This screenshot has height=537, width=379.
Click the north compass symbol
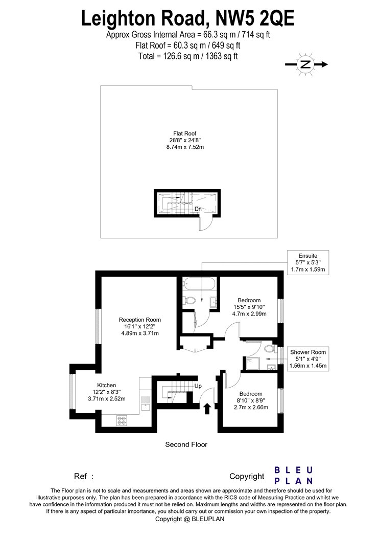[306, 64]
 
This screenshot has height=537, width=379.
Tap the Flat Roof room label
[185, 140]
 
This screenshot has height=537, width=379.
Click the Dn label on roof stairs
[198, 209]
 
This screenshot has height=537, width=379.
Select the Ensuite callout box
[308, 263]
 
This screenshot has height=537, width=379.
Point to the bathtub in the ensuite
[200, 284]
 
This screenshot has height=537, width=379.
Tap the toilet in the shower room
[270, 348]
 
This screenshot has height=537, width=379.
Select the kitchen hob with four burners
[122, 420]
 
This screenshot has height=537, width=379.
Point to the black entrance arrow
[207, 409]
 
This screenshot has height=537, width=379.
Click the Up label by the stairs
[198, 386]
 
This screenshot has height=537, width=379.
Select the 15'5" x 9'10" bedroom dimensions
[249, 307]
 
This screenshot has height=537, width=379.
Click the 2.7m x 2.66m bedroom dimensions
[251, 407]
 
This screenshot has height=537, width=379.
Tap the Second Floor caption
[186, 444]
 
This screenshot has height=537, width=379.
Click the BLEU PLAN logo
[294, 476]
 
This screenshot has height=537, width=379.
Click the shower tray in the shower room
[253, 363]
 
